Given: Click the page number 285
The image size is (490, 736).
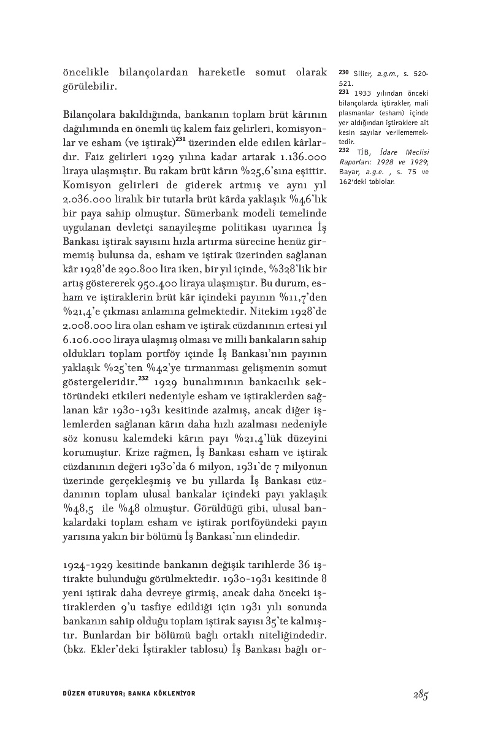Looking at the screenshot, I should pos(419,694).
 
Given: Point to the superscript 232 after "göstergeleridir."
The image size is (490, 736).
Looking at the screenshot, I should pos(144,378).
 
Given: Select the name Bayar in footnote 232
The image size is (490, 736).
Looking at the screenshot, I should pos(348,173).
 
